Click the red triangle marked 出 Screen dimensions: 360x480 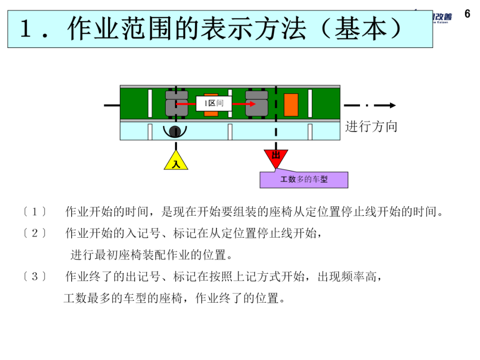(276, 157)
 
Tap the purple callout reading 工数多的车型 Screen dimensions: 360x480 (304, 180)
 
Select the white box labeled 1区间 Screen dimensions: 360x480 (214, 104)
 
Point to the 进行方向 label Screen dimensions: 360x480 (371, 127)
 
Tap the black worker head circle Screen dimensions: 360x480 (175, 131)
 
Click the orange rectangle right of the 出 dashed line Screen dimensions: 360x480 (291, 104)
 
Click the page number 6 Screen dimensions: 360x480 (467, 14)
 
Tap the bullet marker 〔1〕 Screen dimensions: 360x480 (35, 212)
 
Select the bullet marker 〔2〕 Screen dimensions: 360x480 (35, 233)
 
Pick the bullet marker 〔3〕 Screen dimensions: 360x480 (35, 277)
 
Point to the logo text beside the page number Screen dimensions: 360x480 (441, 17)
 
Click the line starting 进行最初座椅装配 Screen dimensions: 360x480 (151, 255)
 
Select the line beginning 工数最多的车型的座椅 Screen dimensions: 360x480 (174, 298)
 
